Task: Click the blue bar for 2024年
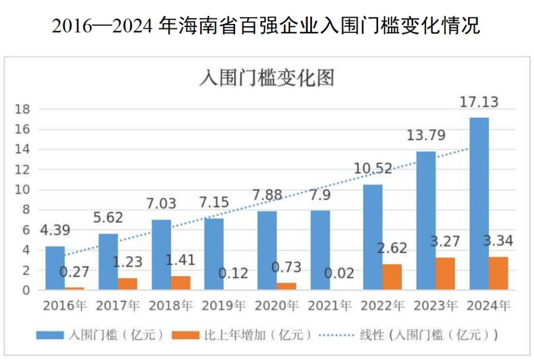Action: [479, 204]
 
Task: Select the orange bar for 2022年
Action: [392, 277]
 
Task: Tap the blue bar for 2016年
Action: [55, 268]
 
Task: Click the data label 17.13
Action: [479, 102]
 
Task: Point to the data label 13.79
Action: [426, 136]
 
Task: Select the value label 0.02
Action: [339, 273]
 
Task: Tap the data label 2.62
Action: [392, 248]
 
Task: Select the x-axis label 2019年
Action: [224, 306]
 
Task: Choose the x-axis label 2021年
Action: [330, 306]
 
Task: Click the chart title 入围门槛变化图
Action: [266, 79]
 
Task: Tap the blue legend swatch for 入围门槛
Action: [50, 335]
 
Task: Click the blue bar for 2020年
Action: [267, 251]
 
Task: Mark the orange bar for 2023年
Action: [445, 274]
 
